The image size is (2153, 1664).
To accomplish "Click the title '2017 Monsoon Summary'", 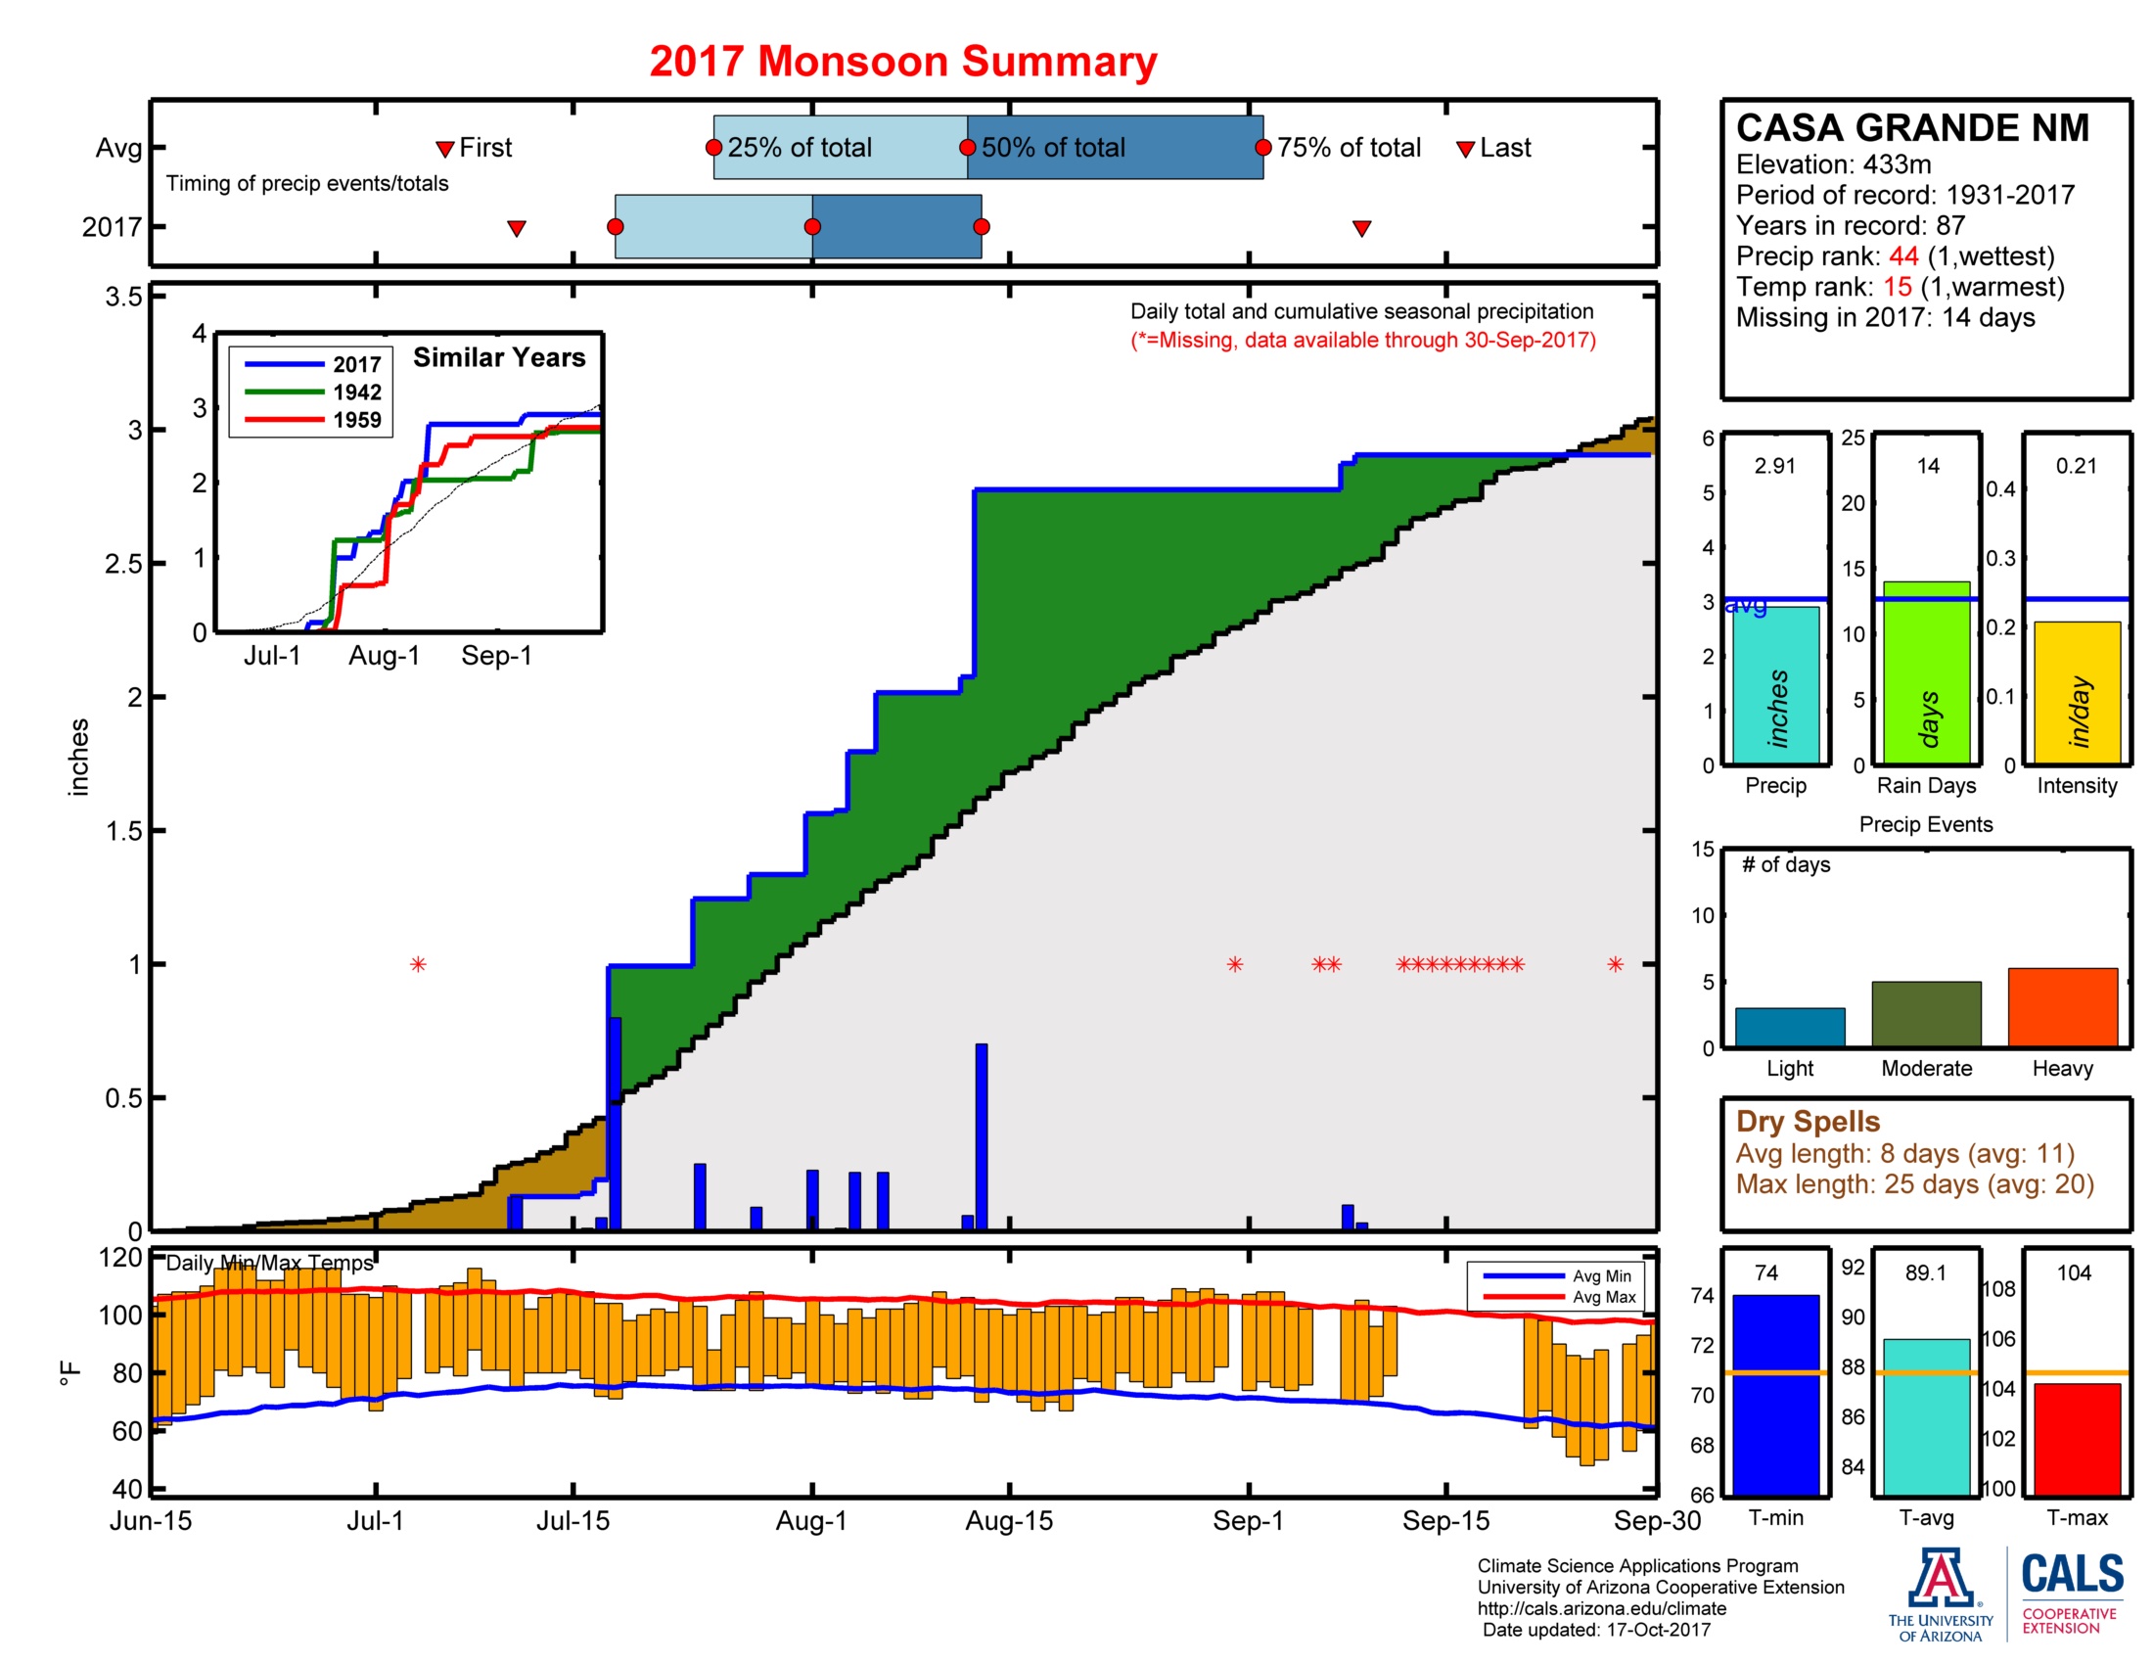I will [x=902, y=61].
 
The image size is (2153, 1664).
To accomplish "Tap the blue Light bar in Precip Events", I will [x=1789, y=1026].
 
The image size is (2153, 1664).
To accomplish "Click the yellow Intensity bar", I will [x=2076, y=692].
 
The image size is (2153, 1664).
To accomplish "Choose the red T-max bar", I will [x=2076, y=1438].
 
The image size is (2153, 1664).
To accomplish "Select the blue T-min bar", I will [x=1774, y=1394].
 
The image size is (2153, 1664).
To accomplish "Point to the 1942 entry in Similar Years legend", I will [x=356, y=393].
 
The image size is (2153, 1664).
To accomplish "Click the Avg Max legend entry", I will [x=1603, y=1297].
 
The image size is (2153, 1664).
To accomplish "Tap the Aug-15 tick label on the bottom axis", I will [x=1008, y=1520].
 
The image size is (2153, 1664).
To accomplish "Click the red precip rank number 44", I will [x=1902, y=256].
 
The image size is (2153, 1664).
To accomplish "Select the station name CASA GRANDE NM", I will [x=1911, y=128].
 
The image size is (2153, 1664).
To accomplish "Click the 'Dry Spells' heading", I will [x=1807, y=1121].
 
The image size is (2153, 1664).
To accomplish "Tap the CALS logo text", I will [x=2072, y=1574].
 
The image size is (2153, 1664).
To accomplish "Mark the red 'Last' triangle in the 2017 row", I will [x=1361, y=229].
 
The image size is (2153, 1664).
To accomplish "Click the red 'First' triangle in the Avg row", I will [x=444, y=149].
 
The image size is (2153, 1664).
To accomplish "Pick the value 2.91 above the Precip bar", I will [x=1774, y=465].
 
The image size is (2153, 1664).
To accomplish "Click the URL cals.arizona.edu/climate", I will [x=1601, y=1608].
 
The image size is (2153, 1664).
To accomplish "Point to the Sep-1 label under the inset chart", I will [x=497, y=656].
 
